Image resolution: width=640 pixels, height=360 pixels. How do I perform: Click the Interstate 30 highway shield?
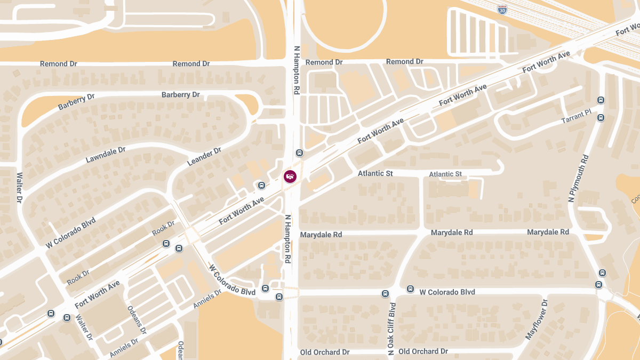click(x=502, y=9)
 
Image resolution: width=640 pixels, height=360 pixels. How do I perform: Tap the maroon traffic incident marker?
click(x=290, y=176)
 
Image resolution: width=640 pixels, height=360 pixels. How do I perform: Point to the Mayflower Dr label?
click(x=537, y=319)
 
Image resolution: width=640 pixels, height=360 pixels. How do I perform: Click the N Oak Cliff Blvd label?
click(x=392, y=329)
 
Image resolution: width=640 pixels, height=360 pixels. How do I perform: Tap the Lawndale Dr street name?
click(x=106, y=155)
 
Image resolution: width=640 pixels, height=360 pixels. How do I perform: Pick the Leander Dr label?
click(x=204, y=157)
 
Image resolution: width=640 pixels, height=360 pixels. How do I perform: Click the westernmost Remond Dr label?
click(x=59, y=64)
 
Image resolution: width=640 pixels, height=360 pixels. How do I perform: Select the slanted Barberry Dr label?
click(x=76, y=102)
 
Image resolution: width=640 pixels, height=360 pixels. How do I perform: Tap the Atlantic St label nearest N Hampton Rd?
click(x=375, y=173)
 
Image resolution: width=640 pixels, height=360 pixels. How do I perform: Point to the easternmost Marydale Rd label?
click(x=548, y=232)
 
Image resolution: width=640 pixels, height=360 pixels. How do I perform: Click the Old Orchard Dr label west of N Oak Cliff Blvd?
click(x=324, y=352)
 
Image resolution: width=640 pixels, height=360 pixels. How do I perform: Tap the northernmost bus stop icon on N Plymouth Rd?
click(x=601, y=100)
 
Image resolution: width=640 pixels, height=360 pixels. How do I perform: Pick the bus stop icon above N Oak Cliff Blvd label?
click(x=386, y=293)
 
